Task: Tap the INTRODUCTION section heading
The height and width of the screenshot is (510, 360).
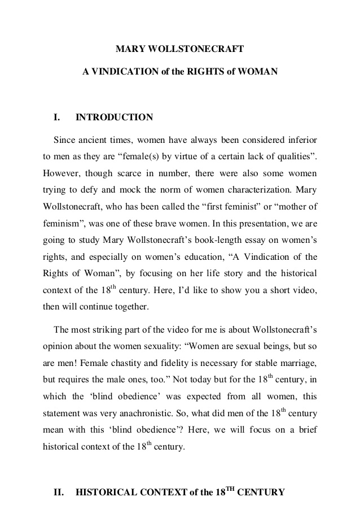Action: tap(114, 117)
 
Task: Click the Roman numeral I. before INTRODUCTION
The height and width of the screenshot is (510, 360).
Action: tap(56, 117)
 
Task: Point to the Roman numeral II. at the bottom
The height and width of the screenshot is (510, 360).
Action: tap(58, 492)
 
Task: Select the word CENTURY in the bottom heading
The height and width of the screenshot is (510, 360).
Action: tap(261, 492)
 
